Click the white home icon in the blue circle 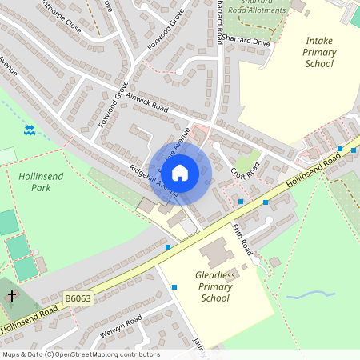[180, 172]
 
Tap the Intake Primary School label [319, 52]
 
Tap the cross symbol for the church [12, 297]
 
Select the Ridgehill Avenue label [154, 181]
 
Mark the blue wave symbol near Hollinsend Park [30, 130]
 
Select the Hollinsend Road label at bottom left [28, 319]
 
